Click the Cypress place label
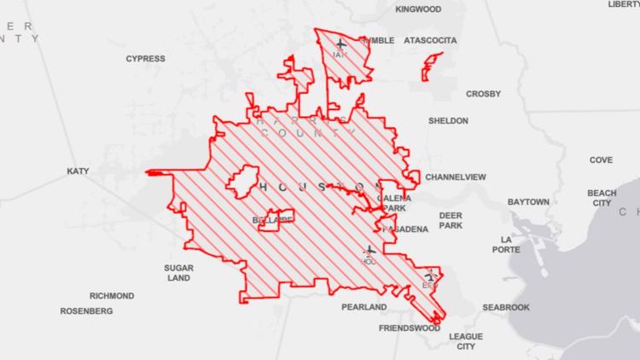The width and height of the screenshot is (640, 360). (x=145, y=59)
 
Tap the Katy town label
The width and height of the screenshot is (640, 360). (x=78, y=171)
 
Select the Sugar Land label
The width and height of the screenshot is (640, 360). (x=178, y=273)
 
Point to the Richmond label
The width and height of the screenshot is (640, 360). (x=112, y=296)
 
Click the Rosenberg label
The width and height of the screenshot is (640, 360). (x=86, y=311)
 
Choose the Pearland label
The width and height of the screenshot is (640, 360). (x=364, y=306)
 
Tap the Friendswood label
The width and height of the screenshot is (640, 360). (x=409, y=328)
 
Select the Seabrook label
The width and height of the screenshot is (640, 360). (x=506, y=307)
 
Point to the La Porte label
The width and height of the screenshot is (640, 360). (x=505, y=245)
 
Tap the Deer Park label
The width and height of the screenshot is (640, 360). (x=451, y=220)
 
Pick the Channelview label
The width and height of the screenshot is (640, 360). (x=455, y=177)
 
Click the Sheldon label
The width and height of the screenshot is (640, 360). (x=448, y=121)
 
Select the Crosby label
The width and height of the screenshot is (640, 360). (x=483, y=94)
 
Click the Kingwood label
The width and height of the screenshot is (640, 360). (x=418, y=9)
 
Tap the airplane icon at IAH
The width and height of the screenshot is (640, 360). (x=341, y=43)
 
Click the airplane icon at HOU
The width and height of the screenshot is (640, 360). (x=369, y=251)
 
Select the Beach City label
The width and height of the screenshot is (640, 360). (x=602, y=199)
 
